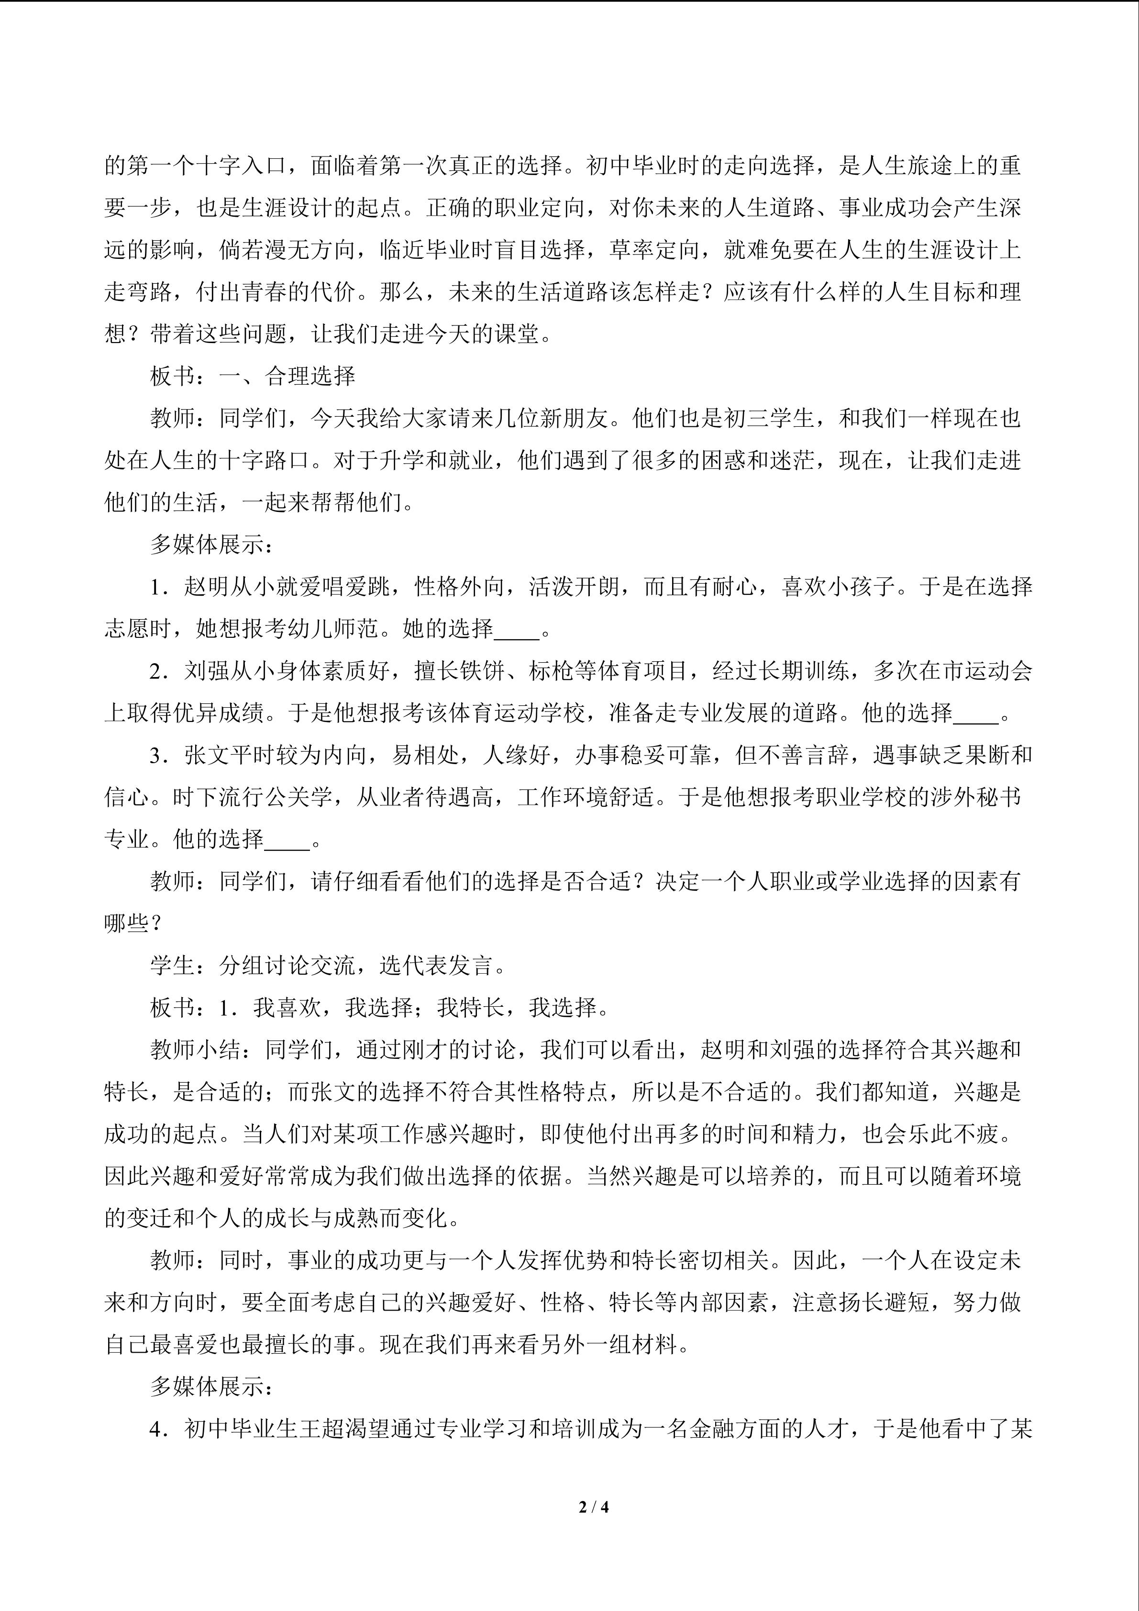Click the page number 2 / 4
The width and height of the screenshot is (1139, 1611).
pos(593,1506)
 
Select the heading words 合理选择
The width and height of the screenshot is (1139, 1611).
pos(310,377)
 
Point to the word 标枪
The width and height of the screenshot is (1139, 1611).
pos(551,671)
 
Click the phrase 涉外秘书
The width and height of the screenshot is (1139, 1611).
pos(975,798)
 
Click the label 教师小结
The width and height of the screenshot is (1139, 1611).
pos(196,1050)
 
